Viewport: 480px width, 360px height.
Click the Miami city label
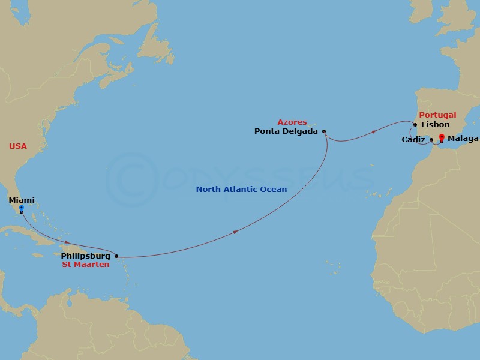[x=21, y=200]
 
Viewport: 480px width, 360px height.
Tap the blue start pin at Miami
[x=21, y=208]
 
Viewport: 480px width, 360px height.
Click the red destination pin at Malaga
[x=442, y=137]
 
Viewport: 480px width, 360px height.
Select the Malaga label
[x=463, y=139]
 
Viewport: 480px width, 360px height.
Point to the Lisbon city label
[x=435, y=125]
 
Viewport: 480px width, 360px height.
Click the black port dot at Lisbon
[x=415, y=125]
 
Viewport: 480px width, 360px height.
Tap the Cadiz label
[x=413, y=140]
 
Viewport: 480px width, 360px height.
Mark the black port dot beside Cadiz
[x=431, y=140]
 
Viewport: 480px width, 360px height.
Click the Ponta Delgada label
[x=286, y=131]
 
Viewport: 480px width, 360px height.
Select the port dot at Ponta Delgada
[x=324, y=131]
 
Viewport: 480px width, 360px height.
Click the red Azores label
[x=292, y=122]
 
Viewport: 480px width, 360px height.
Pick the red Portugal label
[x=437, y=115]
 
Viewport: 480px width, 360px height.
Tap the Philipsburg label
[x=86, y=256]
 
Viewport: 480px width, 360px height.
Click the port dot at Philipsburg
[x=116, y=256]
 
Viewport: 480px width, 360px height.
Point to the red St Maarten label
[x=86, y=265]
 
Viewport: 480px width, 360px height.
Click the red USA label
[x=18, y=146]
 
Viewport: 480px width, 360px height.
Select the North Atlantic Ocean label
[x=242, y=190]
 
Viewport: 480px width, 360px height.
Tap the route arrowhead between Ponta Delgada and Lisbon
[x=374, y=131]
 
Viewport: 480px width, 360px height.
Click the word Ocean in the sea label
[x=274, y=190]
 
